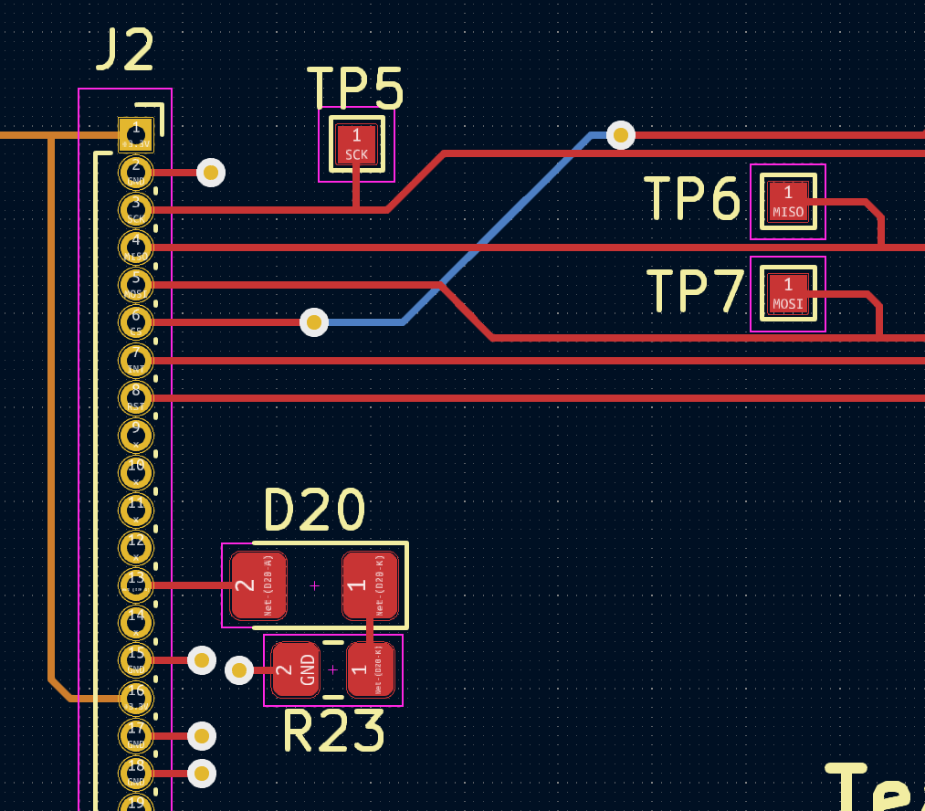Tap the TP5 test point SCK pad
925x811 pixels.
pos(356,144)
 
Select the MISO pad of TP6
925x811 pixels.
pos(788,202)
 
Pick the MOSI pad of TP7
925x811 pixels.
pos(788,294)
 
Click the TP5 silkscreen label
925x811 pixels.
pos(355,88)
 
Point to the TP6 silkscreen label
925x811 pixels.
pos(692,199)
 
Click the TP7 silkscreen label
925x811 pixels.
pos(696,292)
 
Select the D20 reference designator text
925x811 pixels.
pos(315,510)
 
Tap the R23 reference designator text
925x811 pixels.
pos(333,731)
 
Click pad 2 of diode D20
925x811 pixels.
pos(258,585)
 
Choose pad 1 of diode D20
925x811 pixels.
pos(370,585)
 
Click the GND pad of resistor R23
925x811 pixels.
pos(296,670)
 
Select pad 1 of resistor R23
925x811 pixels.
pos(370,670)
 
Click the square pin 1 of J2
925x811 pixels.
pos(136,134)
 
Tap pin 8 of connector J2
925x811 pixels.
pos(136,397)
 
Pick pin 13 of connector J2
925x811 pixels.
pos(136,585)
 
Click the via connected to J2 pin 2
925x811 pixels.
pos(211,172)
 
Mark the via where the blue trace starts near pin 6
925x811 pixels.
pos(314,321)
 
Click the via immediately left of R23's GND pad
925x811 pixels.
pos(239,670)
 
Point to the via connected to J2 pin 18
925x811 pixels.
pos(202,774)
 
